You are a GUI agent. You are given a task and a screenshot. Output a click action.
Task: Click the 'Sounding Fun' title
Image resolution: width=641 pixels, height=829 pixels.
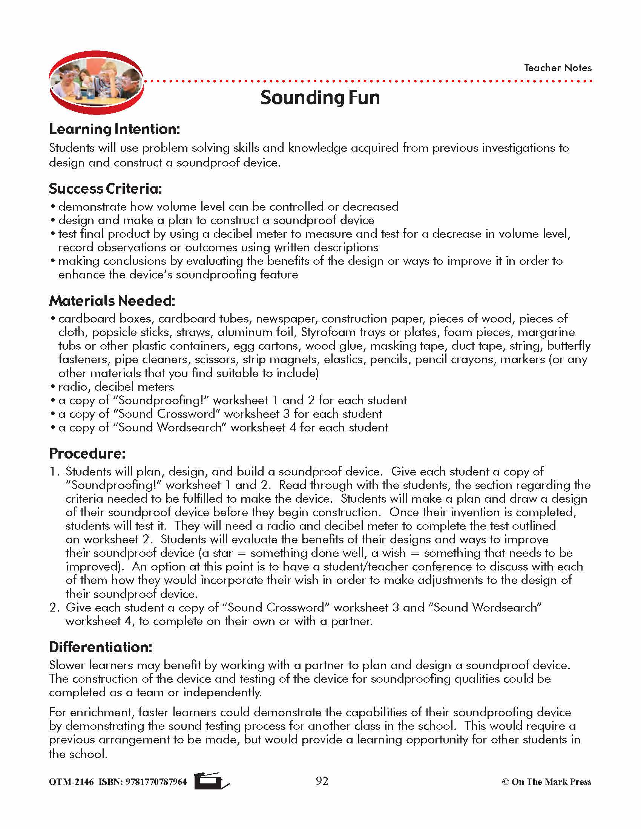click(320, 98)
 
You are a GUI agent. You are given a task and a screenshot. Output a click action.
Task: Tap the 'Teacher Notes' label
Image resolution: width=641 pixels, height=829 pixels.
click(557, 68)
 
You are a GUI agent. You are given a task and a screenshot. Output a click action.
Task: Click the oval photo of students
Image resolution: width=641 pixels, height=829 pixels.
click(96, 83)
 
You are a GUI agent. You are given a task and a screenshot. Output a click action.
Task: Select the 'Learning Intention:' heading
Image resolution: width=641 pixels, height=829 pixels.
click(114, 129)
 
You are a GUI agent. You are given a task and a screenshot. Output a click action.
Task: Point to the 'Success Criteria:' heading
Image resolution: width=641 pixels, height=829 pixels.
click(105, 189)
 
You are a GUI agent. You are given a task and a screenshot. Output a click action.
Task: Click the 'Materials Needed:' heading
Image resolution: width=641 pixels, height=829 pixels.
click(112, 301)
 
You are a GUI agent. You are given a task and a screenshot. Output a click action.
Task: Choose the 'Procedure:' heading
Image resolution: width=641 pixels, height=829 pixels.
click(87, 454)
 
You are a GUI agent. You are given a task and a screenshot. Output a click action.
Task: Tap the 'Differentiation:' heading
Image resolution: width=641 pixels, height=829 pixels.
click(101, 647)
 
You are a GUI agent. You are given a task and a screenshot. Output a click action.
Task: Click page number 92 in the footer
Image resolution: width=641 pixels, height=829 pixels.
click(322, 781)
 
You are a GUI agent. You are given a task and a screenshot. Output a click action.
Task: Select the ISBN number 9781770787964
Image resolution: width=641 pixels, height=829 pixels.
click(156, 782)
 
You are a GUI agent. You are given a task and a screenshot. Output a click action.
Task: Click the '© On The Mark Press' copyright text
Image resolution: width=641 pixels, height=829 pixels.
click(546, 782)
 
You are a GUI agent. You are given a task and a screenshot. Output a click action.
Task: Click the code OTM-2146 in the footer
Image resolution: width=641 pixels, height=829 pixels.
click(71, 782)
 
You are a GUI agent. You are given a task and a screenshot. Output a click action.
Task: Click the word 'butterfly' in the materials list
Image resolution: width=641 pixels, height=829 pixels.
click(569, 346)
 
